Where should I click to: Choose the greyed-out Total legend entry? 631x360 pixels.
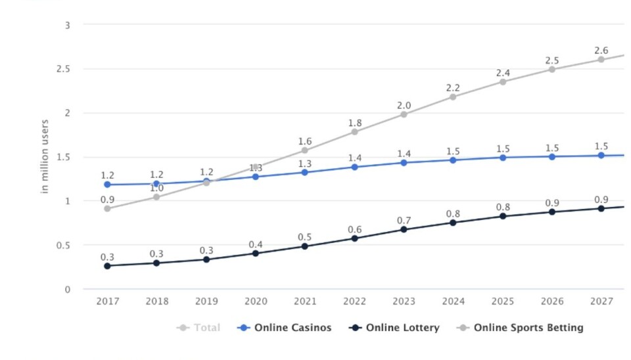(200, 327)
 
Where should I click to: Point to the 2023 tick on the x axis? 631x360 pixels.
(404, 302)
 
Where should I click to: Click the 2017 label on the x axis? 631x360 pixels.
(107, 302)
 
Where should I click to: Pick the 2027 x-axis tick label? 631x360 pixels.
(601, 302)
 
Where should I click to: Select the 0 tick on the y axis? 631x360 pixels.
(67, 289)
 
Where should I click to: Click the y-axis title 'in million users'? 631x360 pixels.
(45, 156)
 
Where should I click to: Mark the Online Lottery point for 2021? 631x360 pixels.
(305, 246)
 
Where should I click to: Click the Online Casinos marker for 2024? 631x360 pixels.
(453, 160)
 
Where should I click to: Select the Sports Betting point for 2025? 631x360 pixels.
(503, 81)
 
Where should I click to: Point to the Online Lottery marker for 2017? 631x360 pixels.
(107, 265)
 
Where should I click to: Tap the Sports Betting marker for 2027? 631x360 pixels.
(601, 59)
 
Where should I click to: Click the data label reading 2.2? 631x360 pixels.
(454, 87)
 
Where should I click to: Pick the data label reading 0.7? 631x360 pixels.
(404, 221)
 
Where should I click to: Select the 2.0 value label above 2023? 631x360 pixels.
(404, 106)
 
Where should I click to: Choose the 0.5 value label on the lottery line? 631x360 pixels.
(305, 237)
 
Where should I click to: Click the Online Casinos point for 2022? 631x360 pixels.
(354, 167)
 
